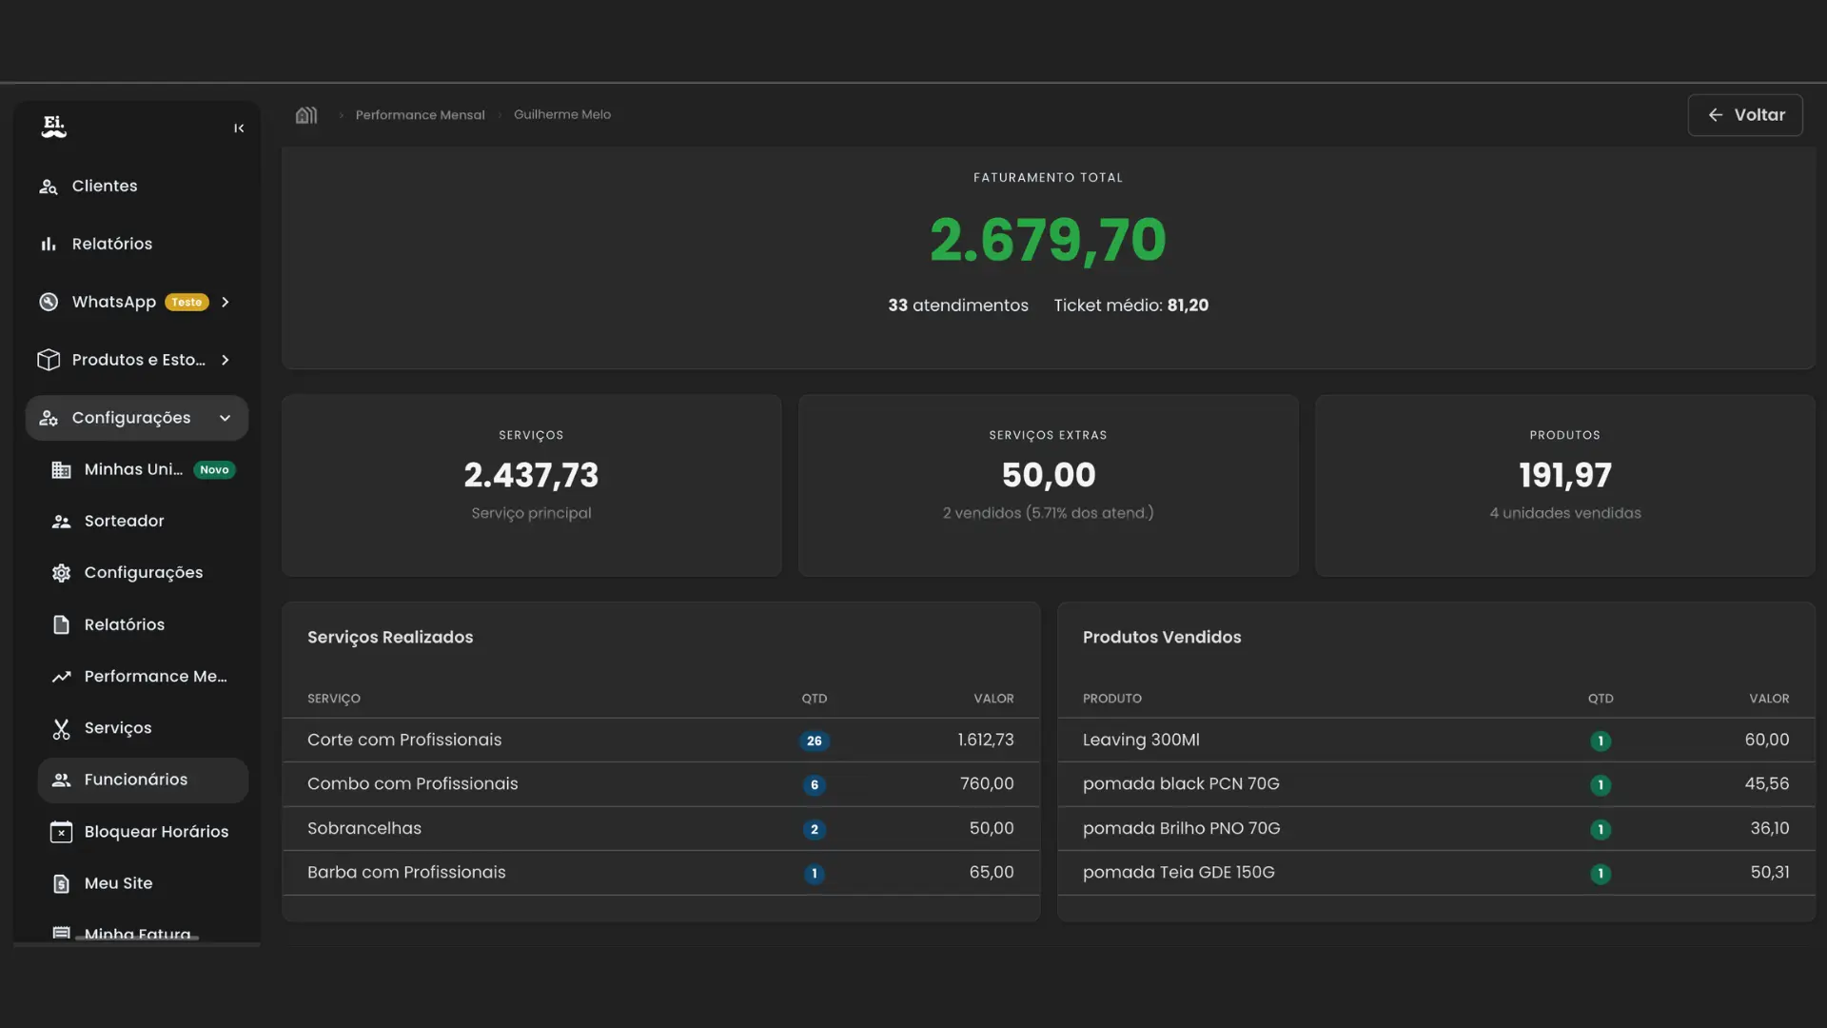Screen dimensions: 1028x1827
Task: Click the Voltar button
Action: (x=1745, y=115)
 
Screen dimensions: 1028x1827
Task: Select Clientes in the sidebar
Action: (x=104, y=187)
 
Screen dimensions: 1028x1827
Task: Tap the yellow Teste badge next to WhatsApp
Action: (x=187, y=303)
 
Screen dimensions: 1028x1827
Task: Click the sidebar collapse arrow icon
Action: (x=239, y=128)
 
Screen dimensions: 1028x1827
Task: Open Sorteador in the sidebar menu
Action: (x=124, y=522)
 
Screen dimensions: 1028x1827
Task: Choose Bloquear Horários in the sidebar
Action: (x=156, y=832)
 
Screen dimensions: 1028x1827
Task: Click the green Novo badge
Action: (x=214, y=470)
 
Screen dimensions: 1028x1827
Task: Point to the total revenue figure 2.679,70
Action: (x=1048, y=240)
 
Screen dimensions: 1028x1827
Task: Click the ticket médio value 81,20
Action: (x=1188, y=306)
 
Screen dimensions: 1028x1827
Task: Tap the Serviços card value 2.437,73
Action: (x=531, y=475)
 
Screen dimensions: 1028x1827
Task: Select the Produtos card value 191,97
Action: (x=1564, y=475)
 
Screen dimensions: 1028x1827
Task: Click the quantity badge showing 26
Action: (x=815, y=741)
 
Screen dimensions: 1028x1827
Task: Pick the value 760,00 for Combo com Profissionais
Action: (x=987, y=784)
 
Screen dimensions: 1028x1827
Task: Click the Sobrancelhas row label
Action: (x=364, y=829)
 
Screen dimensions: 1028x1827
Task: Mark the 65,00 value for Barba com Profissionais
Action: (x=992, y=873)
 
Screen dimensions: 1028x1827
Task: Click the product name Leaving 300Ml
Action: (x=1141, y=741)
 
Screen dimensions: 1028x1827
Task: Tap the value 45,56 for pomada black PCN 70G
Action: (x=1767, y=784)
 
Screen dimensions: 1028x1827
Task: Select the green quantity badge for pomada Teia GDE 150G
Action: (x=1601, y=874)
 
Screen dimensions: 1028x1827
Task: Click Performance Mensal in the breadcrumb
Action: (x=420, y=115)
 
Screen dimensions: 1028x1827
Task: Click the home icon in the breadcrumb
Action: (x=306, y=115)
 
